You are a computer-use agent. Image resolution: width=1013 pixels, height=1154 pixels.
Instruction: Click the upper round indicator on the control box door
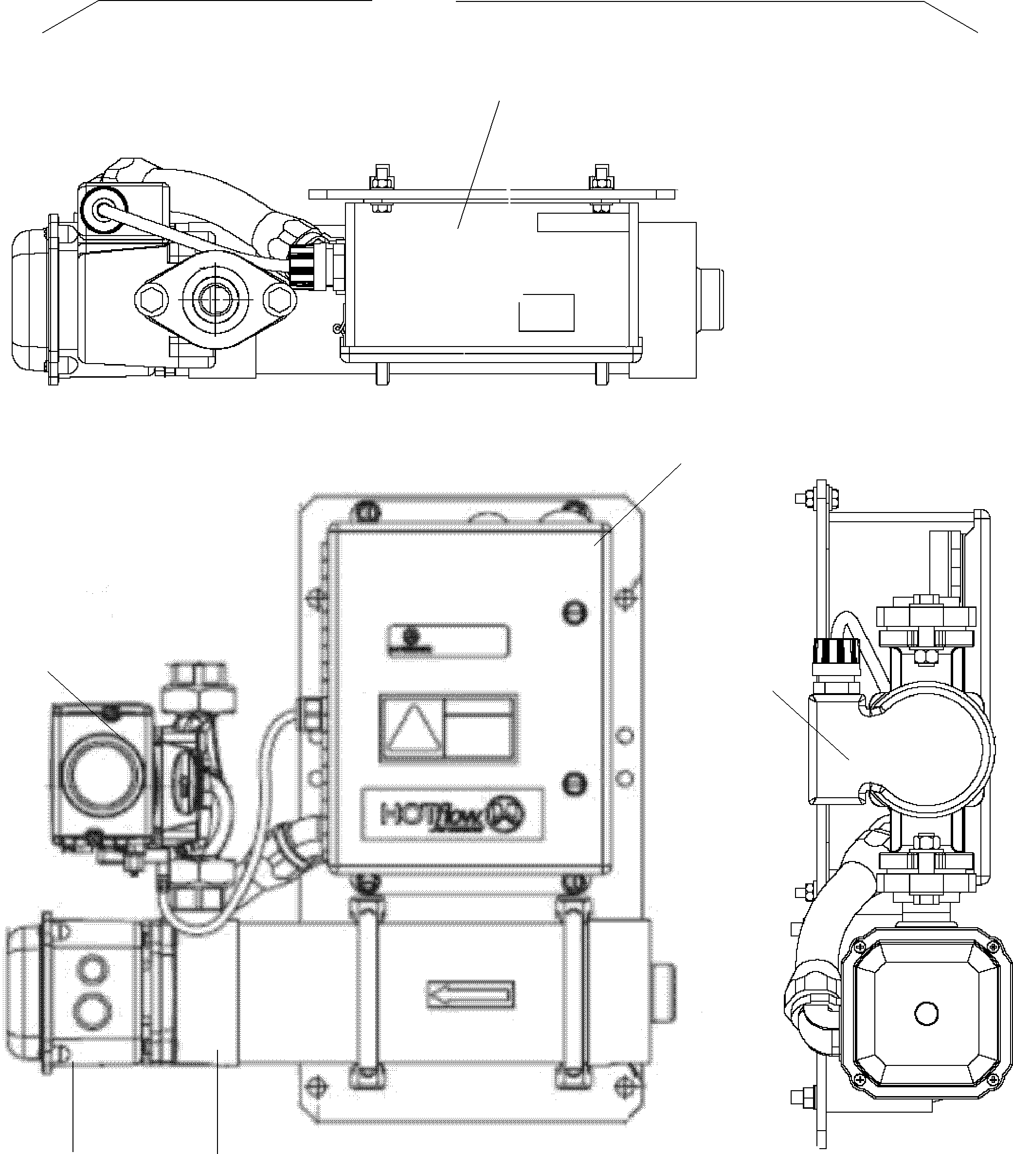pos(573,612)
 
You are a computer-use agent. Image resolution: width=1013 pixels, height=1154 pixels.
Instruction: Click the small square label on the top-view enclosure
pos(546,312)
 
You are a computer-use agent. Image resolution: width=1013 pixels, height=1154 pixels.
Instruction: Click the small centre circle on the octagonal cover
pos(925,1013)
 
